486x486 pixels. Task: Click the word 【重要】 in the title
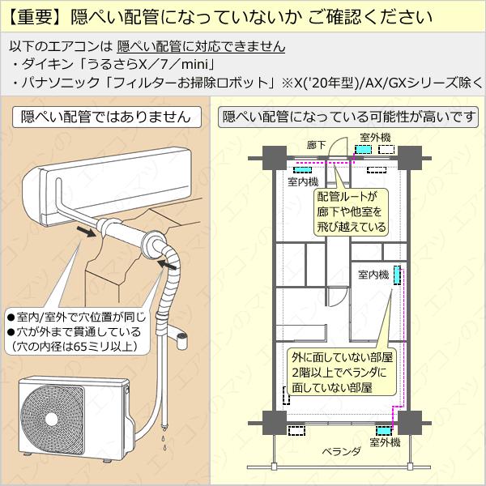35,15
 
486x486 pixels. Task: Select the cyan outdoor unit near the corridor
364,151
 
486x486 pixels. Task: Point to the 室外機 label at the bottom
385,443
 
